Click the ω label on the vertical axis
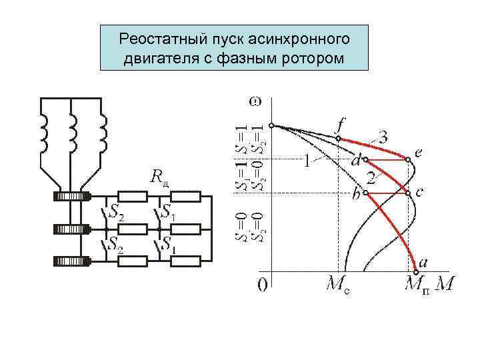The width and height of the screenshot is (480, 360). pyautogui.click(x=256, y=101)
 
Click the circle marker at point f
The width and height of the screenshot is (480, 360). pyautogui.click(x=338, y=139)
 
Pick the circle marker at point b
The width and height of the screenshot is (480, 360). pyautogui.click(x=365, y=193)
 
